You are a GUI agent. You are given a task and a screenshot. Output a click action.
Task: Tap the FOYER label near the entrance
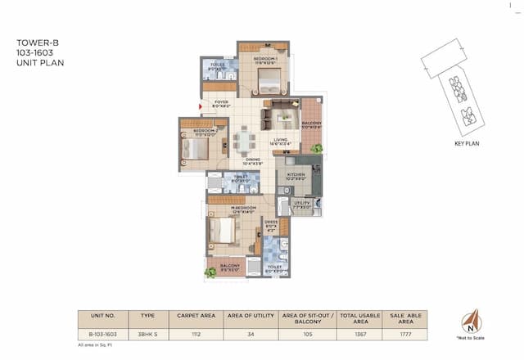(222, 103)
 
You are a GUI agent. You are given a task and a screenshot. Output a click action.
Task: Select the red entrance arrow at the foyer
(201, 105)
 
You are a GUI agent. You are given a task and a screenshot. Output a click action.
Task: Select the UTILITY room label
(301, 205)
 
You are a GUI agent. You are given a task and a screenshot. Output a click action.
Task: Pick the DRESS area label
(271, 225)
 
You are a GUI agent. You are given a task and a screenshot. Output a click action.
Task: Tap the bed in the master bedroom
(223, 231)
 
